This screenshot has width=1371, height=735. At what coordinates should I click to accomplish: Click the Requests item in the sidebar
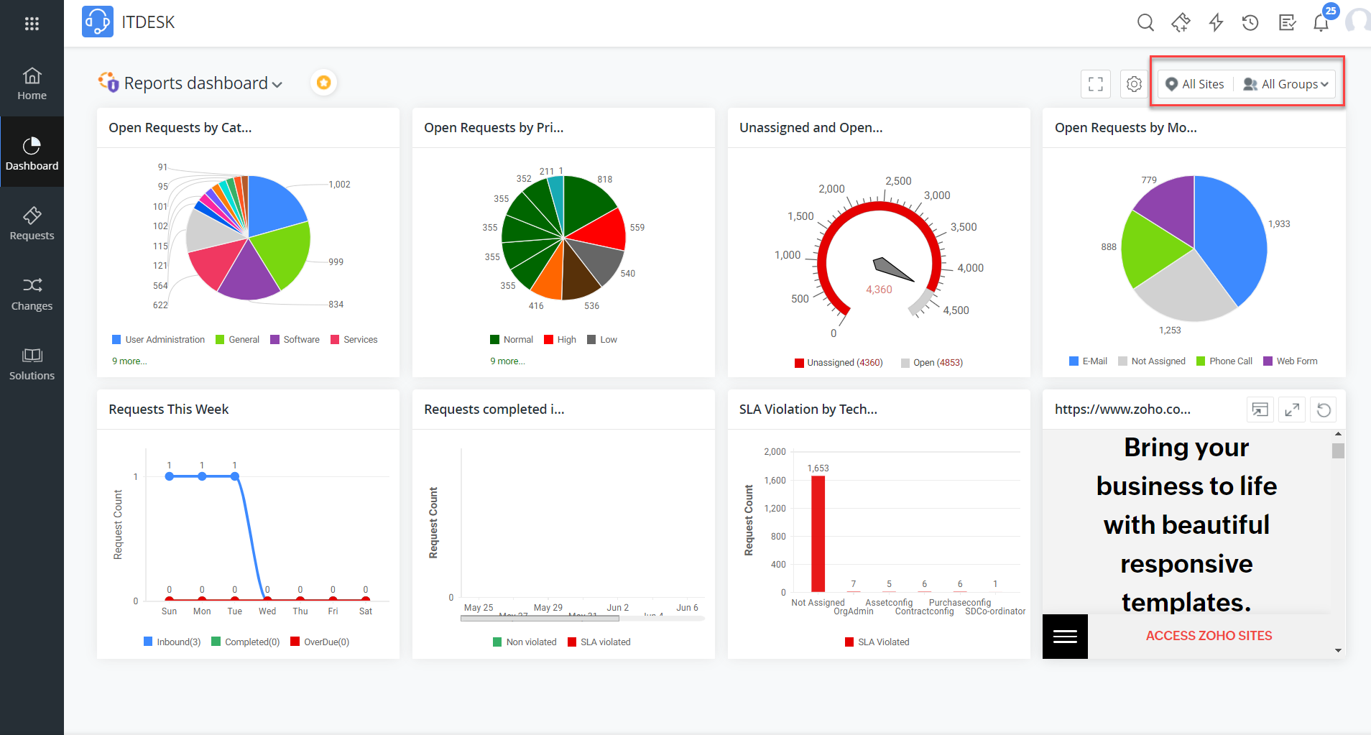click(x=32, y=223)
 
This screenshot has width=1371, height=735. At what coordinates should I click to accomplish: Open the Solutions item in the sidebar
click(x=32, y=364)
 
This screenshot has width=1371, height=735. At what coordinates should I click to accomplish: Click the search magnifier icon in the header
click(x=1145, y=23)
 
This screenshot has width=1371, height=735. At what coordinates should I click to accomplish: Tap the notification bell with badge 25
click(x=1321, y=23)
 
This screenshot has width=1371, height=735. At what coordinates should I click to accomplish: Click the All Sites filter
click(x=1195, y=84)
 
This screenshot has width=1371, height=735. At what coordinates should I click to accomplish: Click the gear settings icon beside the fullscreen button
click(x=1134, y=84)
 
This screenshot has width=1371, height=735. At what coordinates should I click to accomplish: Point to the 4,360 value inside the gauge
click(x=879, y=290)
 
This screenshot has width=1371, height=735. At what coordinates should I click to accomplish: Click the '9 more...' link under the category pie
click(x=129, y=361)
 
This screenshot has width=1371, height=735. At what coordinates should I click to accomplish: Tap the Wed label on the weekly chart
click(x=267, y=611)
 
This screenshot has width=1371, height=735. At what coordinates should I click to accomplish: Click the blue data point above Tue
click(x=235, y=476)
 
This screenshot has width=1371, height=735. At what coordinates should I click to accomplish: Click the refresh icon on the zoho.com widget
click(x=1324, y=410)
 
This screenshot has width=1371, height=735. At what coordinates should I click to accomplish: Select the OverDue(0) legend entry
click(x=326, y=642)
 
